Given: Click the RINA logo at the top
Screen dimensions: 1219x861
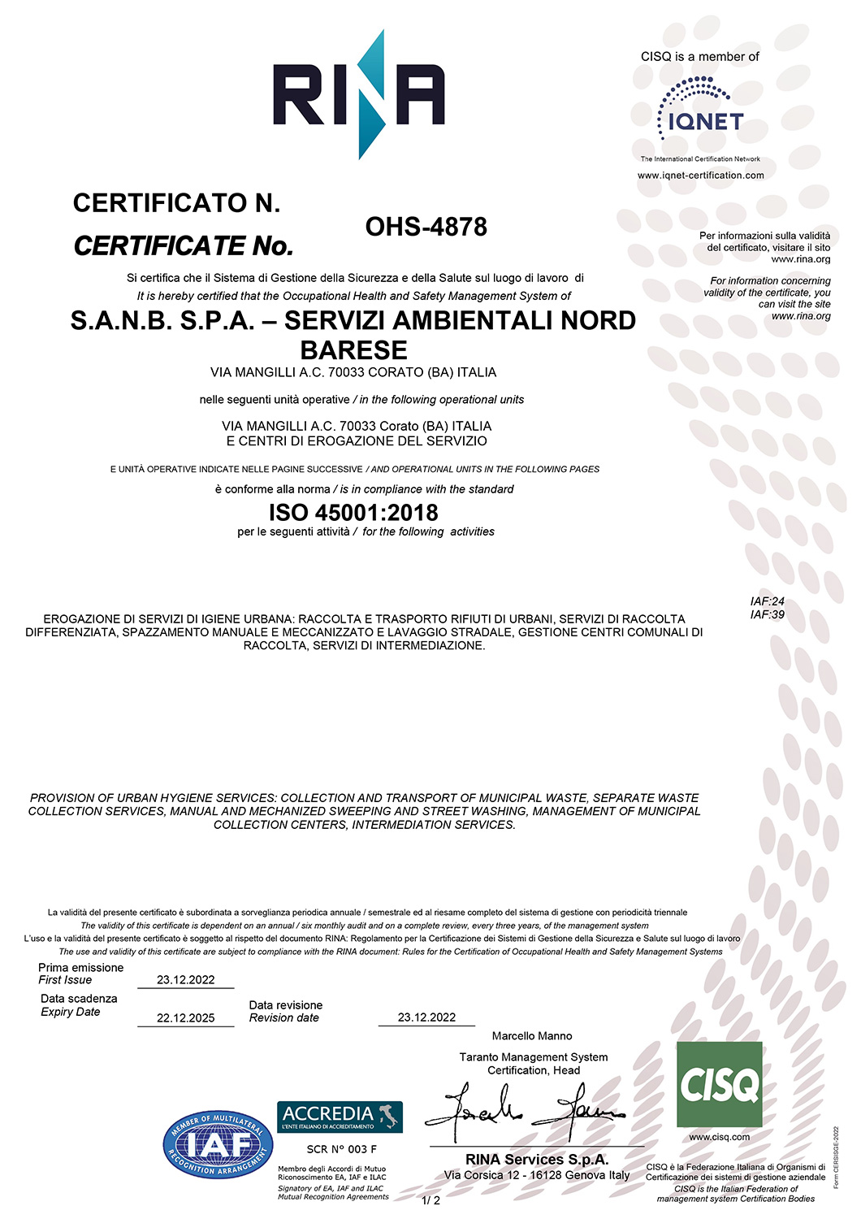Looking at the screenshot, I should tap(358, 93).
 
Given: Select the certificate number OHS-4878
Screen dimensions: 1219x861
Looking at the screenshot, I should tap(426, 227).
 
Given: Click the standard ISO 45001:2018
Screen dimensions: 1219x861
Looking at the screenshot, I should tap(353, 513).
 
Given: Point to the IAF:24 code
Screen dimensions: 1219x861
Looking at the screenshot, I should tap(768, 601).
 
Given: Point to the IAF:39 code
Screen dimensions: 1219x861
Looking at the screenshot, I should tap(768, 614).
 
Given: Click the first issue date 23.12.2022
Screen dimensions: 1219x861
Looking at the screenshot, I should tap(185, 980).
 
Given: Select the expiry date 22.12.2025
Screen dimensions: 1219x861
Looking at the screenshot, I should tap(185, 1018).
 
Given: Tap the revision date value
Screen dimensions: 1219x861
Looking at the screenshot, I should tap(426, 1017).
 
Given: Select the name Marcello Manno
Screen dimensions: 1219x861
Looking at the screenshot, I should tap(532, 1036).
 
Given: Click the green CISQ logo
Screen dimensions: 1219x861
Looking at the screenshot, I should tap(719, 1084).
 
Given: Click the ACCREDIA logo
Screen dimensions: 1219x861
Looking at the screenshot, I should tap(340, 1117).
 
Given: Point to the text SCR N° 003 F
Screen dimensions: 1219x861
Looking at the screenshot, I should tap(341, 1149).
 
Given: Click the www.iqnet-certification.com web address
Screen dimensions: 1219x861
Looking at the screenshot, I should tap(700, 176).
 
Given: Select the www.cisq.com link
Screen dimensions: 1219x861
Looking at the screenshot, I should tap(719, 1137).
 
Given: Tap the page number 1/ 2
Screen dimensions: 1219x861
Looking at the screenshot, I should tap(430, 1200).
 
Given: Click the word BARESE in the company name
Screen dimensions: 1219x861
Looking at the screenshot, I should tap(353, 350).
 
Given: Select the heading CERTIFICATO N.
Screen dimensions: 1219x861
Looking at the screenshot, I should tap(176, 203).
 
